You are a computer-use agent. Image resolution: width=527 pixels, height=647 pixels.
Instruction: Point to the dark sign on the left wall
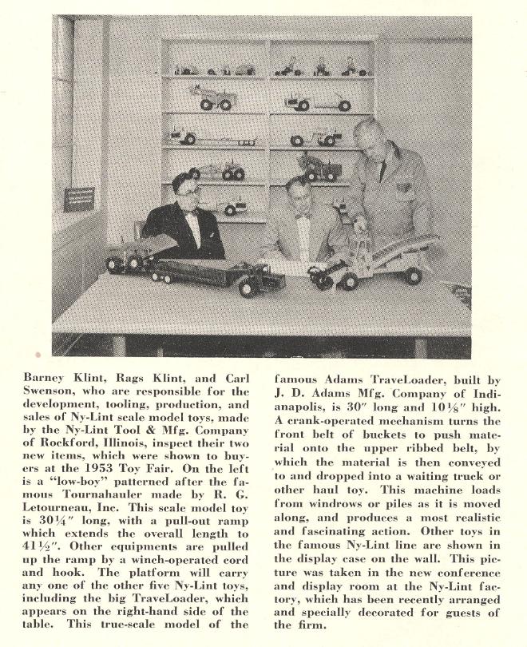[x=79, y=199]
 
